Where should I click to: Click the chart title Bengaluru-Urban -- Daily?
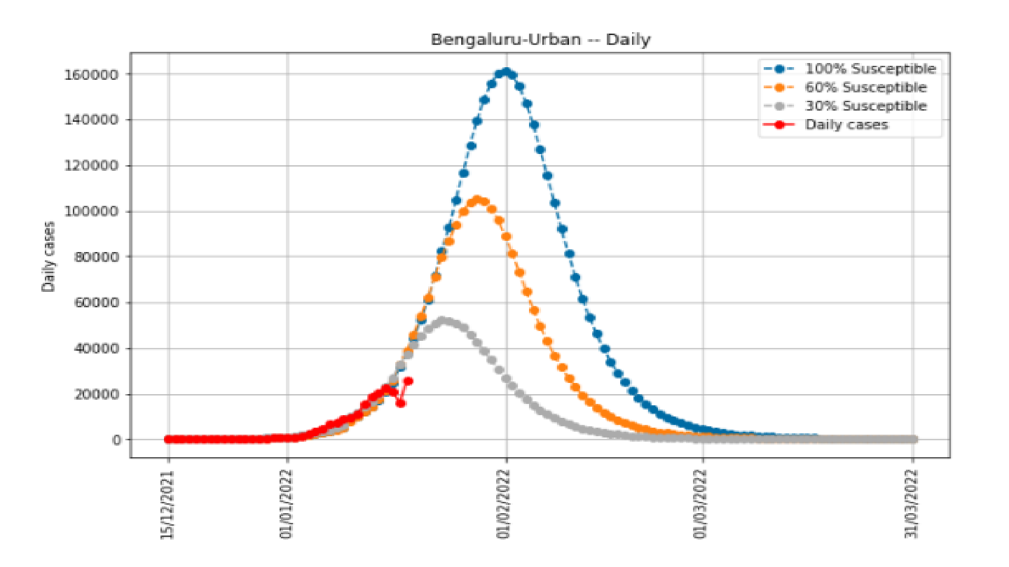coord(540,39)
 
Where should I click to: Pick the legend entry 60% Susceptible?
coord(865,87)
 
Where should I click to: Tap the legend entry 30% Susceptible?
coord(865,106)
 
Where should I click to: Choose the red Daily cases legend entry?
coord(846,125)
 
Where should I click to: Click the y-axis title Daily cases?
coord(48,257)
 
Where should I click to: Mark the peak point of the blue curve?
coord(506,72)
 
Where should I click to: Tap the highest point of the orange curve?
coord(478,200)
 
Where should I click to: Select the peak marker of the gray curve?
coord(442,321)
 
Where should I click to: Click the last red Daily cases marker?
coord(408,381)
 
